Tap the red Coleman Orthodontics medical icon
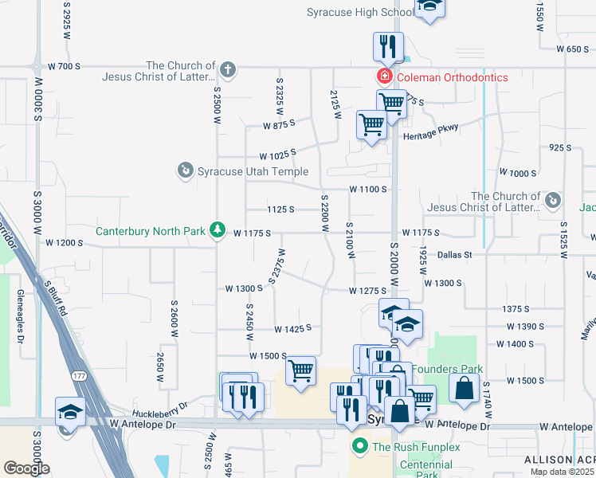click(x=384, y=77)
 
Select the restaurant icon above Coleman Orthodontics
click(x=388, y=46)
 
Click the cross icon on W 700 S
click(x=227, y=69)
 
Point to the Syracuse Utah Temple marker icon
click(x=185, y=170)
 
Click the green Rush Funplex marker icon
click(x=359, y=446)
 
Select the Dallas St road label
click(x=455, y=255)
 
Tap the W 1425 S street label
click(x=292, y=328)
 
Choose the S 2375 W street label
click(x=278, y=264)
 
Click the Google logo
click(x=26, y=468)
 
